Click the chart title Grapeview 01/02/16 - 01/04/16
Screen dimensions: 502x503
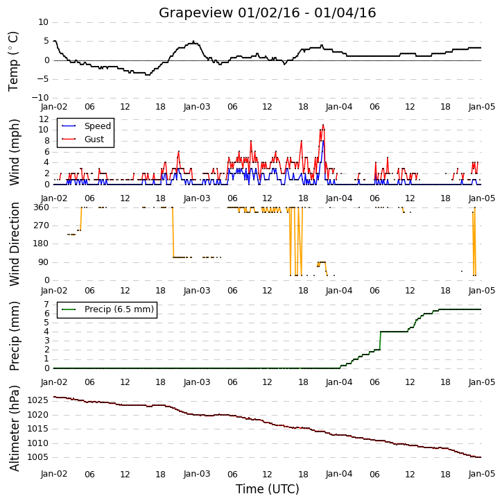pos(267,12)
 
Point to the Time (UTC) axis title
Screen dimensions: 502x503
pos(268,489)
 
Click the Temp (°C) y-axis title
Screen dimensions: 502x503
pos(13,61)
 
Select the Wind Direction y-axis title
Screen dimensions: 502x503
pos(15,244)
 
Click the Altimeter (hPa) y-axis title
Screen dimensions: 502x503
pos(15,428)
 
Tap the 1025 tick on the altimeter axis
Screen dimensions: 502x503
pos(37,400)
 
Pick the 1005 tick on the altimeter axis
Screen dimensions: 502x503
pos(37,457)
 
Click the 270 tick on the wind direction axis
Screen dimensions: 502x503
pos(42,225)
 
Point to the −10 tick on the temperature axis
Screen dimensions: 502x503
pos(40,98)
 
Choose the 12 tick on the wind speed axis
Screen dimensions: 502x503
pos(44,119)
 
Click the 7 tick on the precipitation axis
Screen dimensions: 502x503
pos(46,305)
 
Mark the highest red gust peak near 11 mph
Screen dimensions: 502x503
pos(323,125)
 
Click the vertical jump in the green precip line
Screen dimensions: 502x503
pos(380,341)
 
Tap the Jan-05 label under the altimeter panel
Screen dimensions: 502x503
pos(481,474)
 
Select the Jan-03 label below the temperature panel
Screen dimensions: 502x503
pos(197,107)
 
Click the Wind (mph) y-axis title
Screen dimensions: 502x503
pos(15,152)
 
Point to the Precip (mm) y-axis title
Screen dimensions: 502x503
pos(15,336)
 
